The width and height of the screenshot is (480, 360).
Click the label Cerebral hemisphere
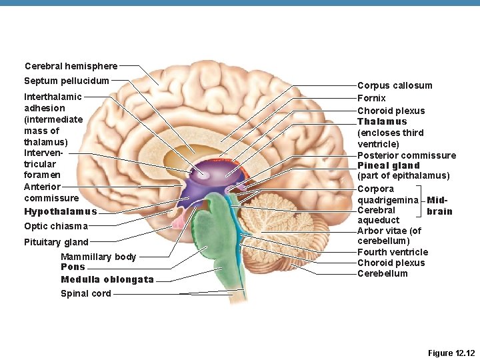71,66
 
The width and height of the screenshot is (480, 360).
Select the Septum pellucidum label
66,81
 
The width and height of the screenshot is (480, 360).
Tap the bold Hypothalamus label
61,212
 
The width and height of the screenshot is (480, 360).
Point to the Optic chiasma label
55,227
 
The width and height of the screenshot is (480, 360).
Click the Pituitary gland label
56,242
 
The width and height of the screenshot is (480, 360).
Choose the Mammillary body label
98,257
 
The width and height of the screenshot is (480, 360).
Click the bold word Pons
73,267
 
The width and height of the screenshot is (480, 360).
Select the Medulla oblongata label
107,279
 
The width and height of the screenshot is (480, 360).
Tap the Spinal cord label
85,293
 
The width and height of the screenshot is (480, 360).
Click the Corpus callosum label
395,85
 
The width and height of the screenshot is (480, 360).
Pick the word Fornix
371,98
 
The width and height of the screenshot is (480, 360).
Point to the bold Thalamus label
382,122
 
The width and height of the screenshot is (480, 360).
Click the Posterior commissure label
407,155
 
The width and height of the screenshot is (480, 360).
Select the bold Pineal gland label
389,165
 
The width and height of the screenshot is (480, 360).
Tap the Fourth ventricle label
393,252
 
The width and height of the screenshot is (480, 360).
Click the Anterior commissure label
51,193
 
